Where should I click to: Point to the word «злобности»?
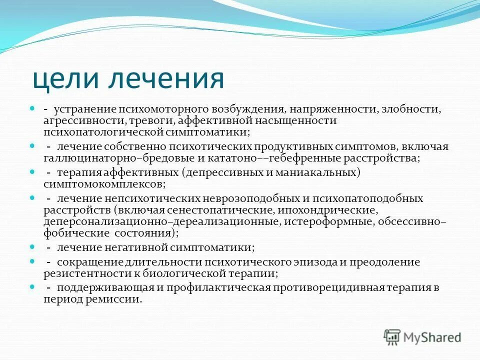pos(415,108)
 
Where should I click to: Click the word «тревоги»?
pos(157,121)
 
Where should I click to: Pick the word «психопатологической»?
pos(104,132)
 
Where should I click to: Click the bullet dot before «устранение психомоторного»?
pos(31,107)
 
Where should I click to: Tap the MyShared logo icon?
pos(393,336)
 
